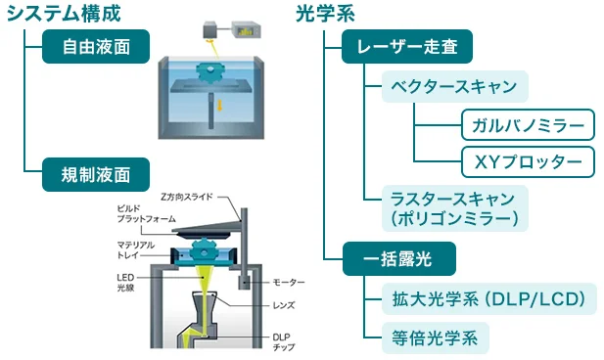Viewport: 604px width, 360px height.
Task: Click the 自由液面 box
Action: coord(96,47)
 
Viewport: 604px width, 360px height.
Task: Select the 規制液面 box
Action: coord(96,174)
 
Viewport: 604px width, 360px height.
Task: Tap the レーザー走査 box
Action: coord(407,47)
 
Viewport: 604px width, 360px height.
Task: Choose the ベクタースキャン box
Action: coord(454,86)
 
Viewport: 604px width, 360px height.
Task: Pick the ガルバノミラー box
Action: coord(528,125)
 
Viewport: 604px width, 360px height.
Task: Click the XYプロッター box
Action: coord(528,161)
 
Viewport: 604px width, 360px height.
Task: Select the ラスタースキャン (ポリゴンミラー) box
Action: coord(454,208)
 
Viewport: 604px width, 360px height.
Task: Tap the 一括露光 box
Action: coord(398,258)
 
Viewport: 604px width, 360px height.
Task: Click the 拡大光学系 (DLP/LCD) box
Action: coord(488,299)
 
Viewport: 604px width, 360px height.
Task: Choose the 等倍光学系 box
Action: coord(436,338)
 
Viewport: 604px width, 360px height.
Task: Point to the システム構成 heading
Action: coord(64,14)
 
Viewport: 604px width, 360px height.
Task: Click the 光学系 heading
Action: coord(326,14)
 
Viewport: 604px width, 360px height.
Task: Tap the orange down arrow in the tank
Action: coord(219,105)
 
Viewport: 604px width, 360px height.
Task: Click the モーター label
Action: coord(289,283)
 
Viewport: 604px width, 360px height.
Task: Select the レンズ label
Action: coord(284,306)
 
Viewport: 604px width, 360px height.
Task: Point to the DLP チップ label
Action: coord(284,342)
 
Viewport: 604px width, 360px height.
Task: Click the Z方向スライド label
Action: coord(186,197)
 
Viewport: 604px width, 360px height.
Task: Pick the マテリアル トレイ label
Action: coord(136,249)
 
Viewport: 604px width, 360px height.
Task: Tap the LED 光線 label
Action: coord(125,282)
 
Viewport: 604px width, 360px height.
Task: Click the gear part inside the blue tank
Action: coord(210,72)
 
